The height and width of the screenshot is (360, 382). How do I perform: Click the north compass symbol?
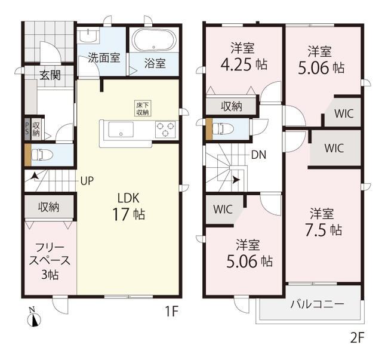(x=34, y=318)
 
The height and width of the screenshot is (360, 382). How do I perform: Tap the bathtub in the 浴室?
(x=154, y=40)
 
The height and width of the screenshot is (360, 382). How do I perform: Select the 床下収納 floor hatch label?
(x=143, y=109)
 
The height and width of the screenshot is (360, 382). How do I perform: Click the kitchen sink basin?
(x=121, y=130)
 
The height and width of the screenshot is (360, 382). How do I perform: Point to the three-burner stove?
(x=165, y=129)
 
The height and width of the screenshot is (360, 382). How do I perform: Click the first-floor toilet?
(x=42, y=155)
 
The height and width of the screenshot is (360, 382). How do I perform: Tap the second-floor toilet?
(x=223, y=128)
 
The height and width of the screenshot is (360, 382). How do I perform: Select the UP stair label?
(x=87, y=181)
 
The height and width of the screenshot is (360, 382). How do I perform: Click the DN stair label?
(x=258, y=155)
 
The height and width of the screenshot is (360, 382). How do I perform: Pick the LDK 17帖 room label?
(x=128, y=206)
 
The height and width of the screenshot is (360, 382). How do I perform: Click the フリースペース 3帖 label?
(x=50, y=261)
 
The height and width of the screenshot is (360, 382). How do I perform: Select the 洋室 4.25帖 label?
(x=244, y=57)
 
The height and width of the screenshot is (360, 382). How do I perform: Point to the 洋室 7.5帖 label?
(x=323, y=222)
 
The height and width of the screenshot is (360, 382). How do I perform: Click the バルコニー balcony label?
(x=317, y=304)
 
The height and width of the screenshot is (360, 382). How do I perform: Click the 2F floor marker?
(x=357, y=338)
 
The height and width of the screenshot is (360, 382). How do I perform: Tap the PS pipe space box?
(x=27, y=130)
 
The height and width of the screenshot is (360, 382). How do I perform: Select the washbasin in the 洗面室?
(x=88, y=35)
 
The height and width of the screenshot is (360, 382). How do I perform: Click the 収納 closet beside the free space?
(x=49, y=207)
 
